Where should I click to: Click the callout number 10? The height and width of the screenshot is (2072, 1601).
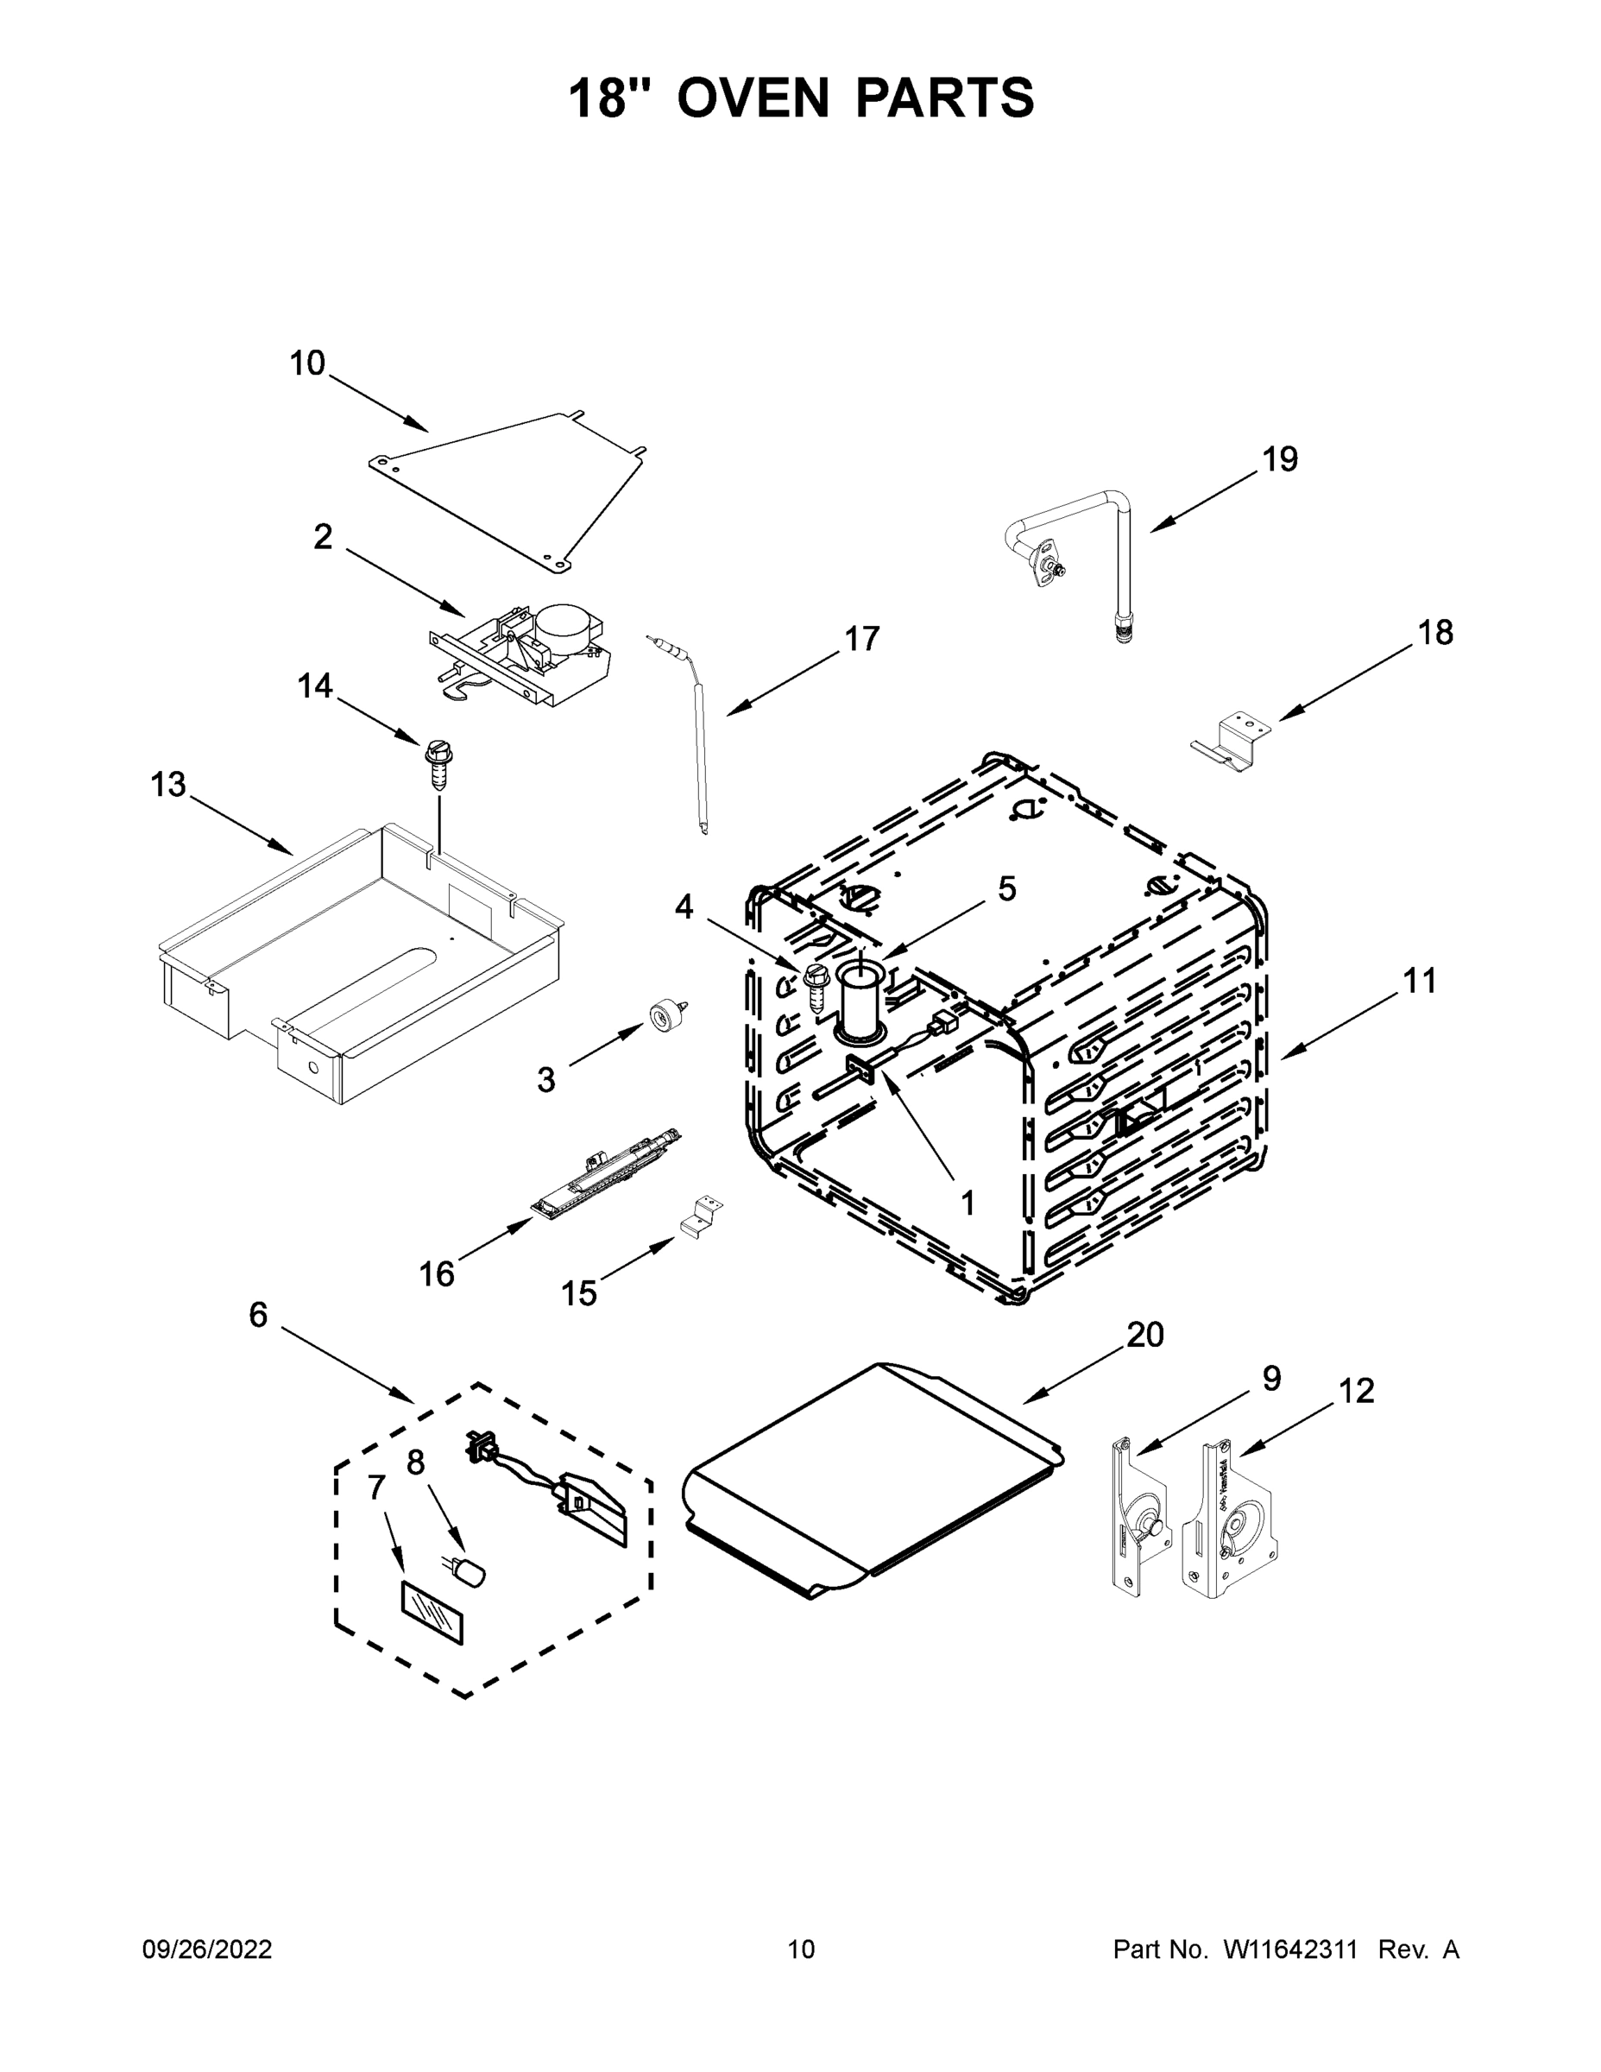tap(307, 363)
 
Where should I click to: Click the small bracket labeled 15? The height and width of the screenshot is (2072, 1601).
tap(700, 1216)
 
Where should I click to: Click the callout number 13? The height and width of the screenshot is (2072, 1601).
tap(169, 785)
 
